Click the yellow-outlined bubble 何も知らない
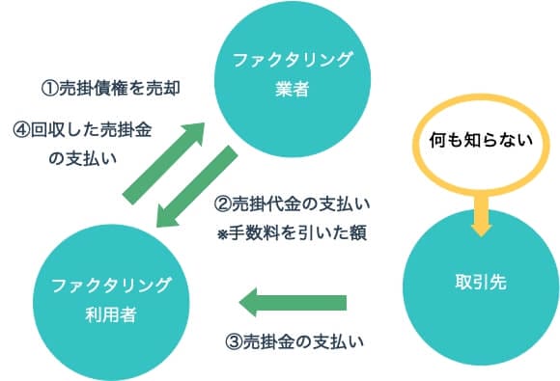480,141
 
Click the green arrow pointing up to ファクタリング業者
164,160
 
